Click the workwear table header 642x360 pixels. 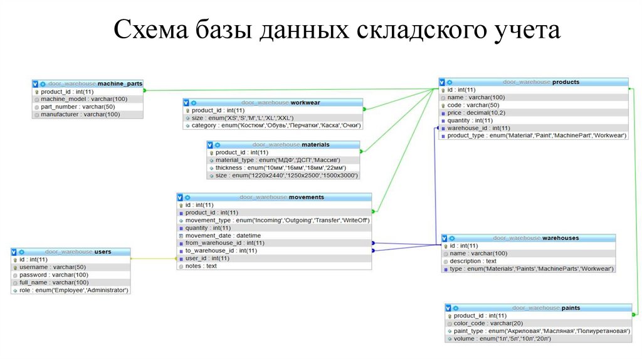[273, 102]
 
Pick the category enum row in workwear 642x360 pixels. [276, 125]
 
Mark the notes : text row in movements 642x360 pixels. [201, 266]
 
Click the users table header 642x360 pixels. [71, 251]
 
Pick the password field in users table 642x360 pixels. [54, 275]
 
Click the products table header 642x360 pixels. [534, 82]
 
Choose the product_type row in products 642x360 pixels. [537, 135]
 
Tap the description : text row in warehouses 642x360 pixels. [473, 261]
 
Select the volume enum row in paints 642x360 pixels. [502, 339]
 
